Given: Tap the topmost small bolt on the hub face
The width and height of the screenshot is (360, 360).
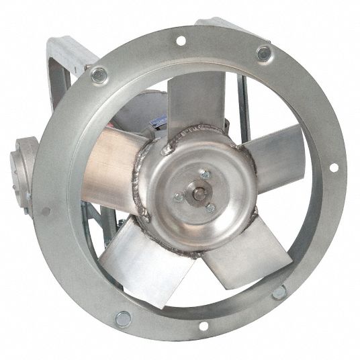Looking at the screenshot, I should (x=206, y=174).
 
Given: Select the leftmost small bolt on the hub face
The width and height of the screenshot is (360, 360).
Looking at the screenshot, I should (x=178, y=197).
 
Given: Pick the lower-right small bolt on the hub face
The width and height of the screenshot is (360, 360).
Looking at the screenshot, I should (x=210, y=208).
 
